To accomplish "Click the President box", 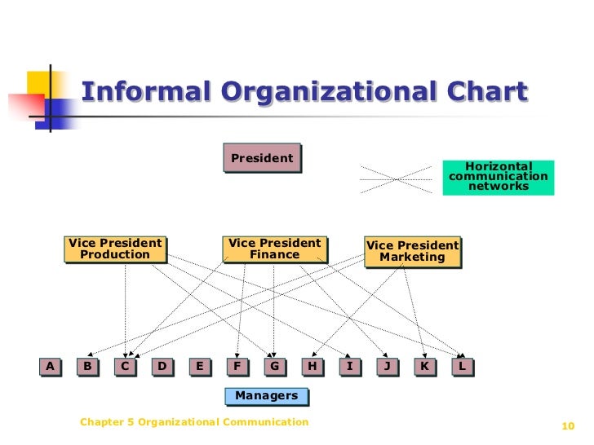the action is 262,158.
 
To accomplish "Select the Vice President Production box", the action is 115,249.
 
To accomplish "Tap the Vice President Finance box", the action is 274,249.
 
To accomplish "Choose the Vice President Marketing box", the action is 412,251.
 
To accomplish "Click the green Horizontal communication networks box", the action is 498,177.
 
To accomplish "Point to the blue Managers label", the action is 267,396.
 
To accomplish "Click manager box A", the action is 50,367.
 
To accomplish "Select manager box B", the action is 87,367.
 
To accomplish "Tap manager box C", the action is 125,367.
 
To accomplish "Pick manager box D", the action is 162,367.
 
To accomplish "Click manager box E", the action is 199,367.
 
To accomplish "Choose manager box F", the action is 237,367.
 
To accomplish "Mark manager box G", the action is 274,367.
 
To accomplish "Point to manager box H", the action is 312,367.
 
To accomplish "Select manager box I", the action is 349,367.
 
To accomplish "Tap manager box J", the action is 387,367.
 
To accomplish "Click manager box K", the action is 424,367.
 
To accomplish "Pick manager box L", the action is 462,367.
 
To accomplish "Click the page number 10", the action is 570,425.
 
